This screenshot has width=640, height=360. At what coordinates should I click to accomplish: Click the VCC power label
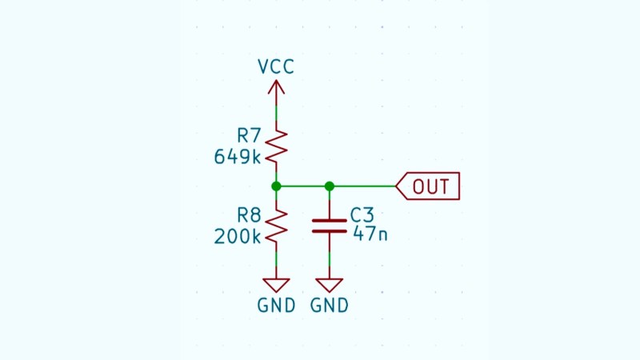[276, 66]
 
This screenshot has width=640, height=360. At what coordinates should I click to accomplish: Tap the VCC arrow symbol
[276, 90]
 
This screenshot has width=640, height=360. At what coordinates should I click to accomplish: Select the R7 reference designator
[249, 134]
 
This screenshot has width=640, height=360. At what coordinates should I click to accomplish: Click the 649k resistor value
[238, 156]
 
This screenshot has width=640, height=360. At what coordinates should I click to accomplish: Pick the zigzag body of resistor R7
[276, 146]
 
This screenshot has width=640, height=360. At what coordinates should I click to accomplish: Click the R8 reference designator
[249, 215]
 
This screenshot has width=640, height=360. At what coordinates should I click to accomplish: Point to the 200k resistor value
[238, 237]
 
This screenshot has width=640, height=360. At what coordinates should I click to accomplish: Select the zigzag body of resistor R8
[276, 226]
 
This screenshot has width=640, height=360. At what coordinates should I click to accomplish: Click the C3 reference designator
[362, 215]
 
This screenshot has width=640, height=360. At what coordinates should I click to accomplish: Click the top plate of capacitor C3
[329, 220]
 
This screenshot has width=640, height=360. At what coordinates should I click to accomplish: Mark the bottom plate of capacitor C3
[329, 230]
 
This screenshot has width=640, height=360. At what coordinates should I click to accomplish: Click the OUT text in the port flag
[431, 186]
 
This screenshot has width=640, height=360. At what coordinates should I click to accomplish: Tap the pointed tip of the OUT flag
[398, 186]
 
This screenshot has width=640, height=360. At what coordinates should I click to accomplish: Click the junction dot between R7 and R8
[276, 186]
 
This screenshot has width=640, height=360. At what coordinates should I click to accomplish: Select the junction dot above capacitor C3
[329, 186]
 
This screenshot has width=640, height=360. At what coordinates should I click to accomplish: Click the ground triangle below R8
[276, 285]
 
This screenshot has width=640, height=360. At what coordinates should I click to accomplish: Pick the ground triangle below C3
[329, 285]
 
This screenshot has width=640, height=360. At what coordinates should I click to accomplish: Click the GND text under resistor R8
[276, 306]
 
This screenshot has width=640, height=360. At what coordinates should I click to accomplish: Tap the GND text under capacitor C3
[329, 306]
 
